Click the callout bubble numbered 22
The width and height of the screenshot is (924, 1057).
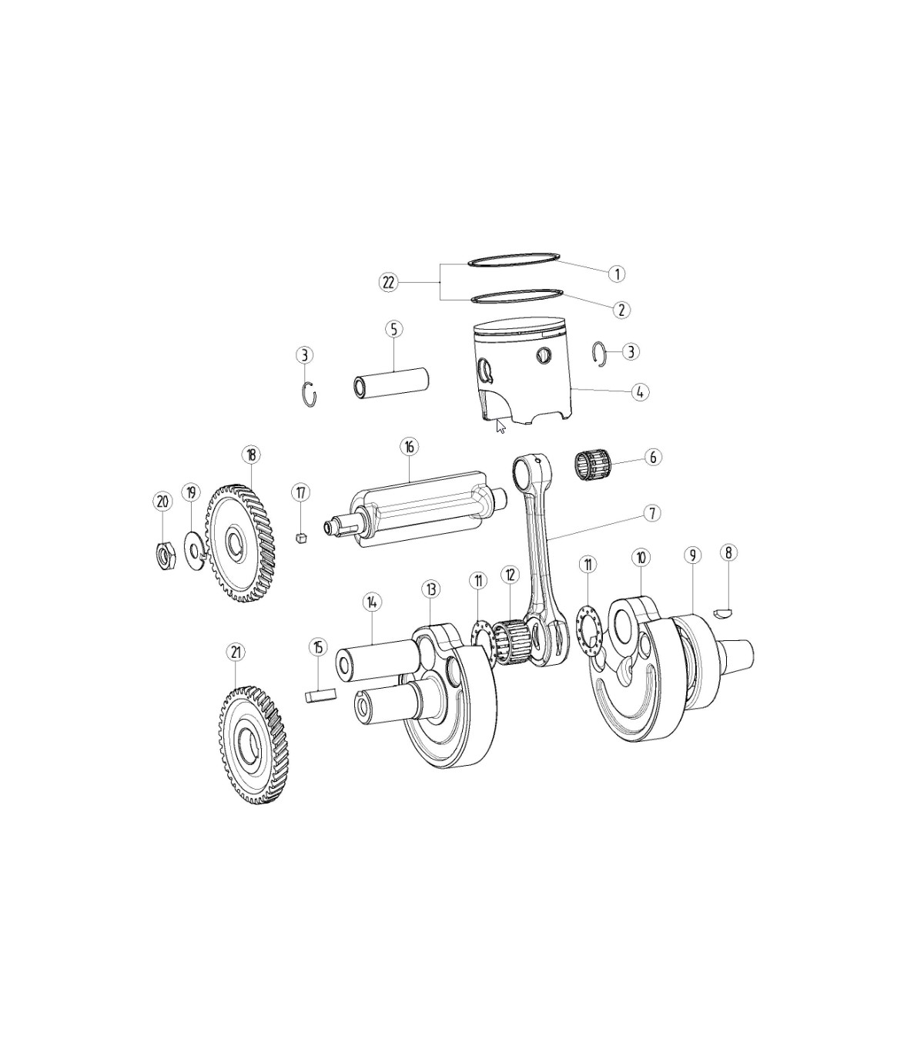click(388, 283)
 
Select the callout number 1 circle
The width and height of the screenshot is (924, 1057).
click(616, 273)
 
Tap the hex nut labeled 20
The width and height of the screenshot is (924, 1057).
click(167, 556)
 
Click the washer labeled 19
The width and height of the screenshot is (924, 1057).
click(195, 549)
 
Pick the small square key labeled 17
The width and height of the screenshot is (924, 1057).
click(303, 537)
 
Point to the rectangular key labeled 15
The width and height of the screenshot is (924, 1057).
click(320, 696)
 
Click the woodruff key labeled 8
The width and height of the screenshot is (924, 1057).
click(726, 613)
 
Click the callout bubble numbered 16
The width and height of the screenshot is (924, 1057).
click(409, 447)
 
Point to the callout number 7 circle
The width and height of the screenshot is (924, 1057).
click(652, 514)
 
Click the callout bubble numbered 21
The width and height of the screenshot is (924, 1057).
click(236, 653)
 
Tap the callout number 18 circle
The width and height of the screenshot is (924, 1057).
click(251, 455)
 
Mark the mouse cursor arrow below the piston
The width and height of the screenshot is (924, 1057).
click(500, 426)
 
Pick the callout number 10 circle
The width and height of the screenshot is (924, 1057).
click(641, 558)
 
